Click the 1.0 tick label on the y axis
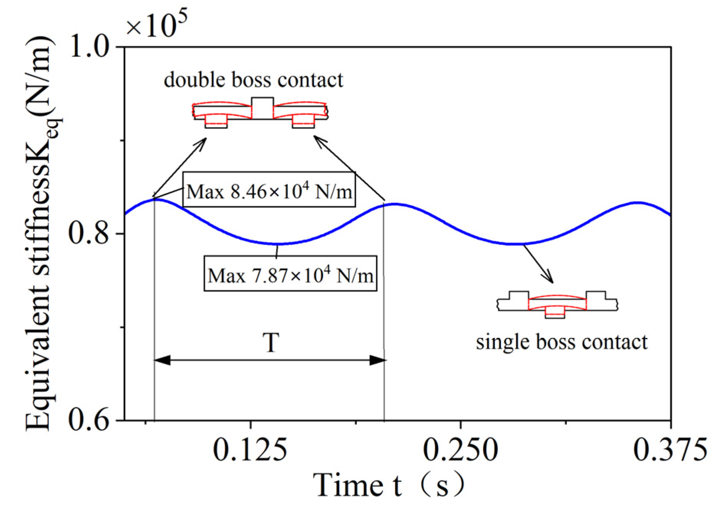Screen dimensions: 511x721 pos(91,47)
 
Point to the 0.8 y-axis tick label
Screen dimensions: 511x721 pos(91,233)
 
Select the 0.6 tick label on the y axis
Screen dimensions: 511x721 pos(91,420)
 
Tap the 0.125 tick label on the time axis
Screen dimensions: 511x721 pos(250,450)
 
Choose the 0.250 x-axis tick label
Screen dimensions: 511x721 pos(461,450)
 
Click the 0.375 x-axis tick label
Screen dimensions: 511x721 pos(670,450)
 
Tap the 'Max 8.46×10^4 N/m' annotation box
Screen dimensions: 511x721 pos(269,190)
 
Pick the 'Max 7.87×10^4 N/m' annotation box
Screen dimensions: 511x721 pos(290,273)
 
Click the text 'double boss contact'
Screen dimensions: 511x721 pos(253,80)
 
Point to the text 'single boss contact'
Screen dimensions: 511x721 pos(562,342)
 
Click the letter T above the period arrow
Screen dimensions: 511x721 pos(271,342)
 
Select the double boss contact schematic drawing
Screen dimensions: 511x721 pos(260,113)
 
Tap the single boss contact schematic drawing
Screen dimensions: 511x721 pos(558,304)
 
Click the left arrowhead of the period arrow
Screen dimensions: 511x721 pos(162,360)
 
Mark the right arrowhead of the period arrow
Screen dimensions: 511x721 pos(378,360)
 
